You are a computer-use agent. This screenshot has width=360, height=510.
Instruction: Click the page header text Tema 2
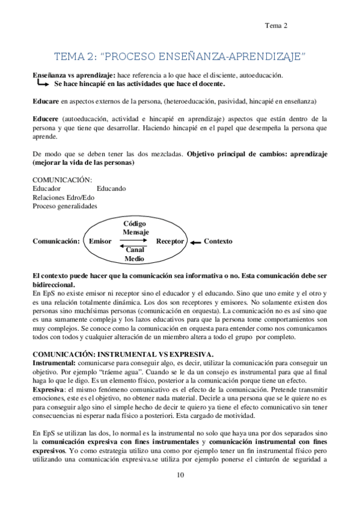pyautogui.click(x=276, y=25)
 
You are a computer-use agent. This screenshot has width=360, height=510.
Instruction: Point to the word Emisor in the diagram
pyautogui.click(x=100, y=241)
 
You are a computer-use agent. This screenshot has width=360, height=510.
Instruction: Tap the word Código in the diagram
pyautogui.click(x=135, y=224)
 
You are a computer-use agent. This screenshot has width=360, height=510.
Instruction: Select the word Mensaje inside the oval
pyautogui.click(x=136, y=232)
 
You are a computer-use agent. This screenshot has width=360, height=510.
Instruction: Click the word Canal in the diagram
pyautogui.click(x=135, y=250)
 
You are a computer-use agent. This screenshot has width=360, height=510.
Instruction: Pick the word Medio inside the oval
pyautogui.click(x=135, y=259)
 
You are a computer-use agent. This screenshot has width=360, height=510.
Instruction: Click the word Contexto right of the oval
pyautogui.click(x=218, y=241)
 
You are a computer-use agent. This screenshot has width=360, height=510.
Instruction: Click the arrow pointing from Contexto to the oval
pyautogui.click(x=196, y=242)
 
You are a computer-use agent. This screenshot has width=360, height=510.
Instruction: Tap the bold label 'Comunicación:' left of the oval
pyautogui.click(x=56, y=241)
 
